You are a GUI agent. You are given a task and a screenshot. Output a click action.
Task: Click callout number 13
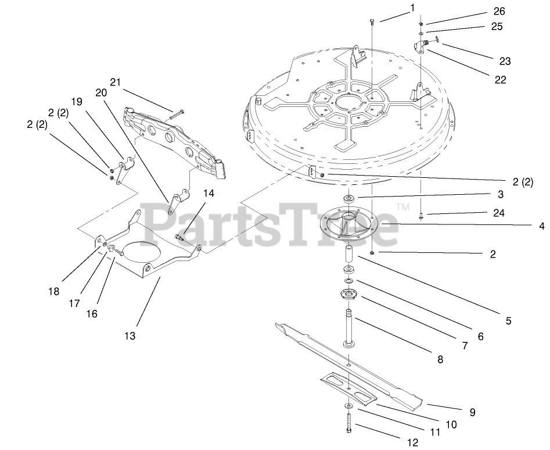pos(129,335)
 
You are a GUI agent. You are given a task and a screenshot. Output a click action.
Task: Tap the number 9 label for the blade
pos(472,412)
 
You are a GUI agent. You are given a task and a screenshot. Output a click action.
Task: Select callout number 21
pos(115,83)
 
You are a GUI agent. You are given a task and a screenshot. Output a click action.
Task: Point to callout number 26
pos(499,11)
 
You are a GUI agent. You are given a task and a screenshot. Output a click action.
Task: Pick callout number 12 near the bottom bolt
pos(412,442)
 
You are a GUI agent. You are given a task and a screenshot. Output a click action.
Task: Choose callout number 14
pos(209,194)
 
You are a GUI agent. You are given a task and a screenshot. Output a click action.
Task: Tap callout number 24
pos(498,213)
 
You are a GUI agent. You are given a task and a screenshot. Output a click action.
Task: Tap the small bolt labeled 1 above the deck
pos(372,22)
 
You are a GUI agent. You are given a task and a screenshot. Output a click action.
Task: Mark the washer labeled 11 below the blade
pos(348,405)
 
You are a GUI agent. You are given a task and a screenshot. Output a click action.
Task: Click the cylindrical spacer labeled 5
pos(350,255)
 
